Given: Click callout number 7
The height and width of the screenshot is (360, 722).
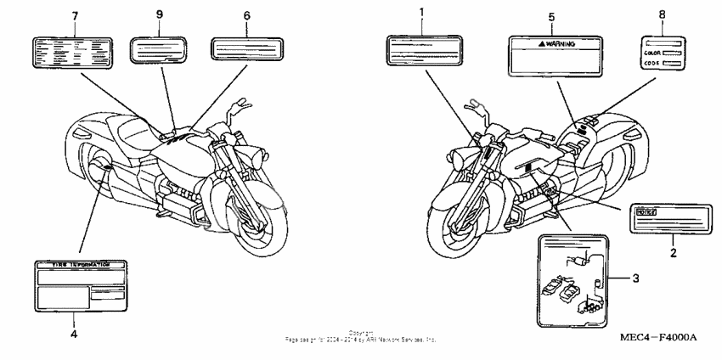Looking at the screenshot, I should [74, 18].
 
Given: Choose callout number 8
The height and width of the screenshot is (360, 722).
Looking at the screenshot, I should [662, 14].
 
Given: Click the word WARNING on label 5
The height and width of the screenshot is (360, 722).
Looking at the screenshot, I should [561, 42].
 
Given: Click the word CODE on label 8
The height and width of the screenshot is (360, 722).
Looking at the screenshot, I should [651, 63].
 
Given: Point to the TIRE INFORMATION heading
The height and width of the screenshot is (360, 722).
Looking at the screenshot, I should [76, 267].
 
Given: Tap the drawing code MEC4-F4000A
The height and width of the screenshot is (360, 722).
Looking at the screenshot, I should [660, 337].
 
